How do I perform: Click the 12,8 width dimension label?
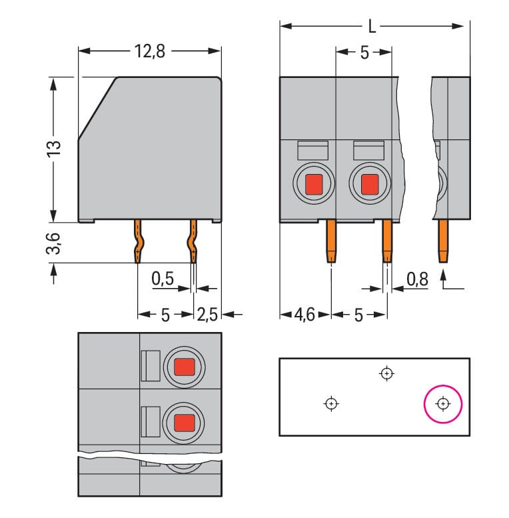[x=149, y=52]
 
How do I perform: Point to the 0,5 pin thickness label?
[x=162, y=279]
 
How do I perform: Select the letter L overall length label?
[x=373, y=27]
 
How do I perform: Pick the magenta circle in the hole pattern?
[x=443, y=404]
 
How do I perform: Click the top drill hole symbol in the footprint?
[x=386, y=373]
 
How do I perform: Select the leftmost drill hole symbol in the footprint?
[x=331, y=403]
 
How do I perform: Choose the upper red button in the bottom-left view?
[x=184, y=366]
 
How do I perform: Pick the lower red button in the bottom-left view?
[x=184, y=422]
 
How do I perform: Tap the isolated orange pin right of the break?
[x=443, y=241]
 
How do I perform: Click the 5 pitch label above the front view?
[x=364, y=53]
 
